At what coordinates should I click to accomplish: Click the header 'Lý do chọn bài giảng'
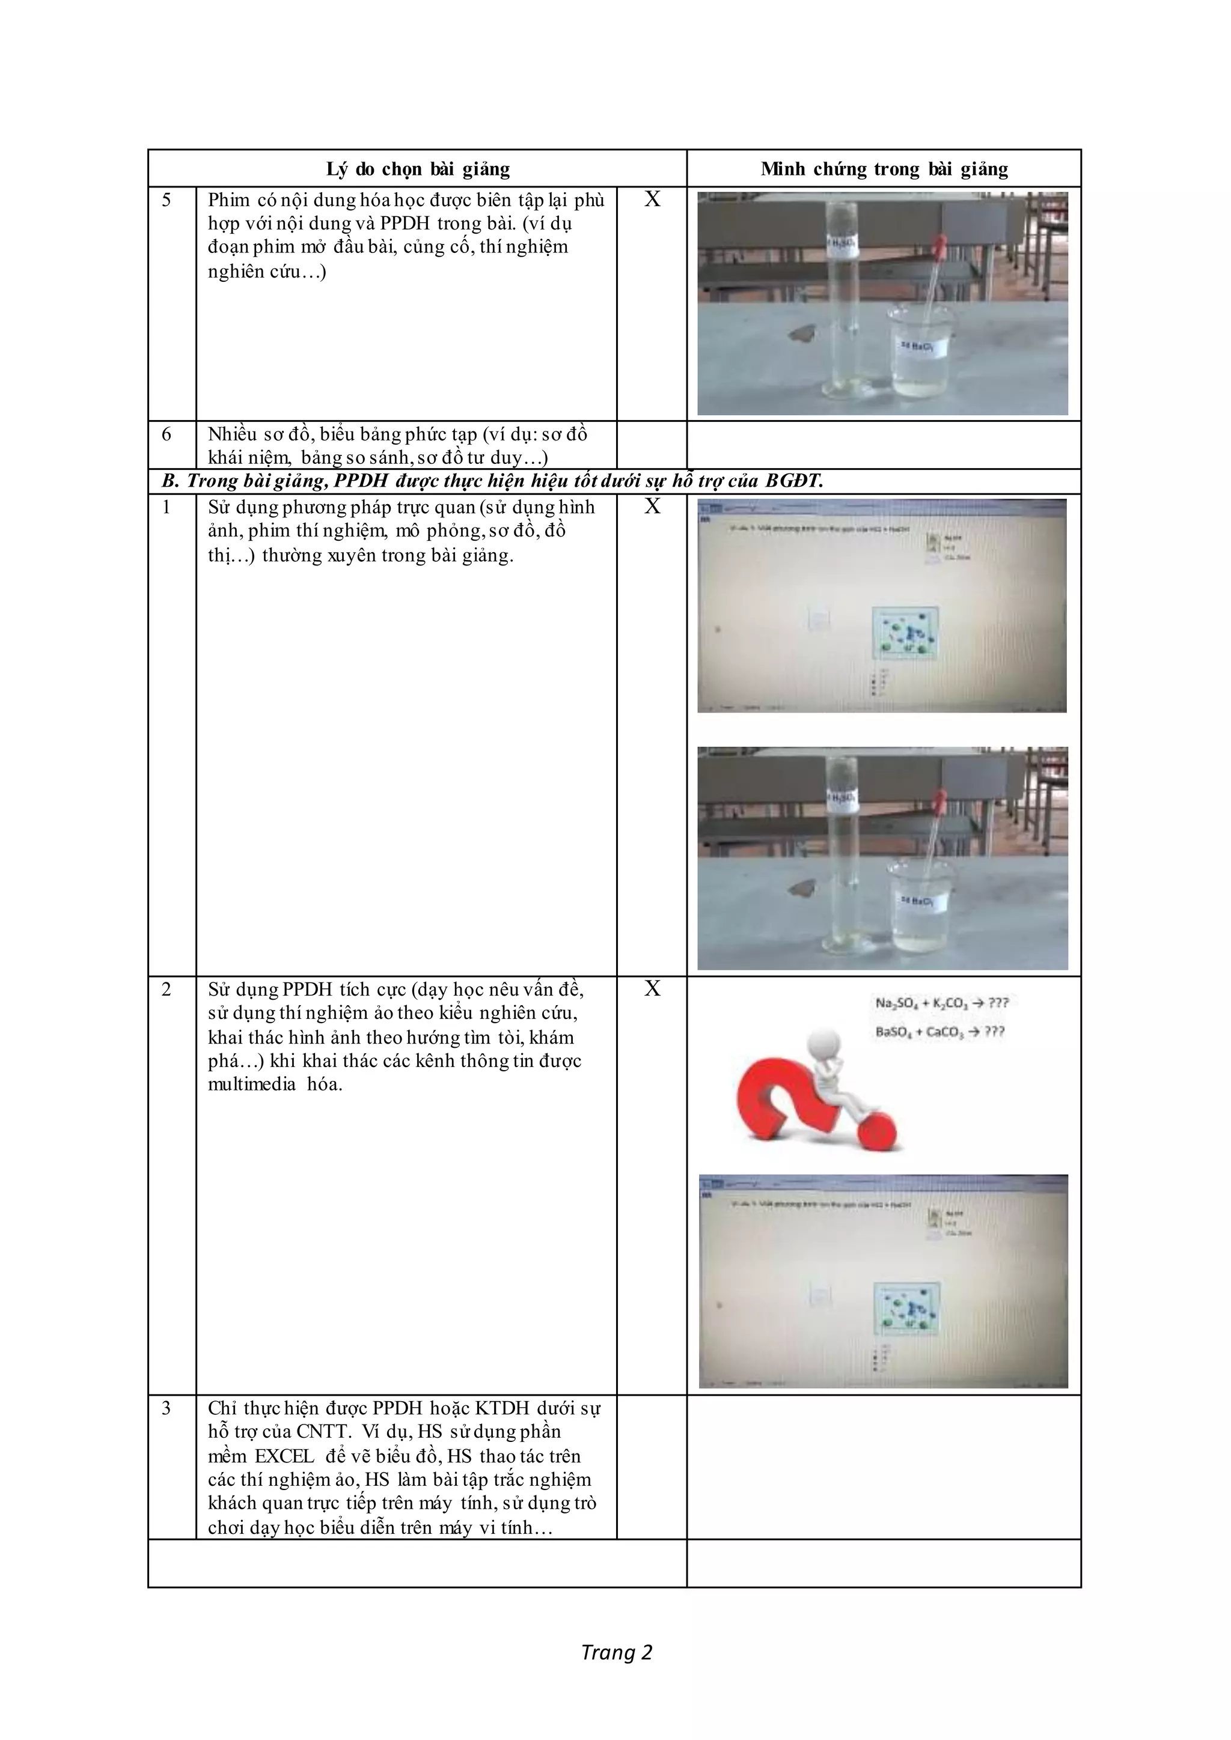point(418,169)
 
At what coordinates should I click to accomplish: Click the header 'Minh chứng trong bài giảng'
point(884,169)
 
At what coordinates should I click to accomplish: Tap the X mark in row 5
point(652,199)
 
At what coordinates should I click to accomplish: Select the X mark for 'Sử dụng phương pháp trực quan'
point(652,506)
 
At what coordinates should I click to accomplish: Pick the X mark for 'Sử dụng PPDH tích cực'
point(652,988)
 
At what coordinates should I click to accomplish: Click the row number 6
point(166,434)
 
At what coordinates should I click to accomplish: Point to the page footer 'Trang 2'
point(616,1652)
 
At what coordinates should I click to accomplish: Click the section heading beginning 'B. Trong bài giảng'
point(493,481)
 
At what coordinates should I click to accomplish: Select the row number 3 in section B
point(166,1408)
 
